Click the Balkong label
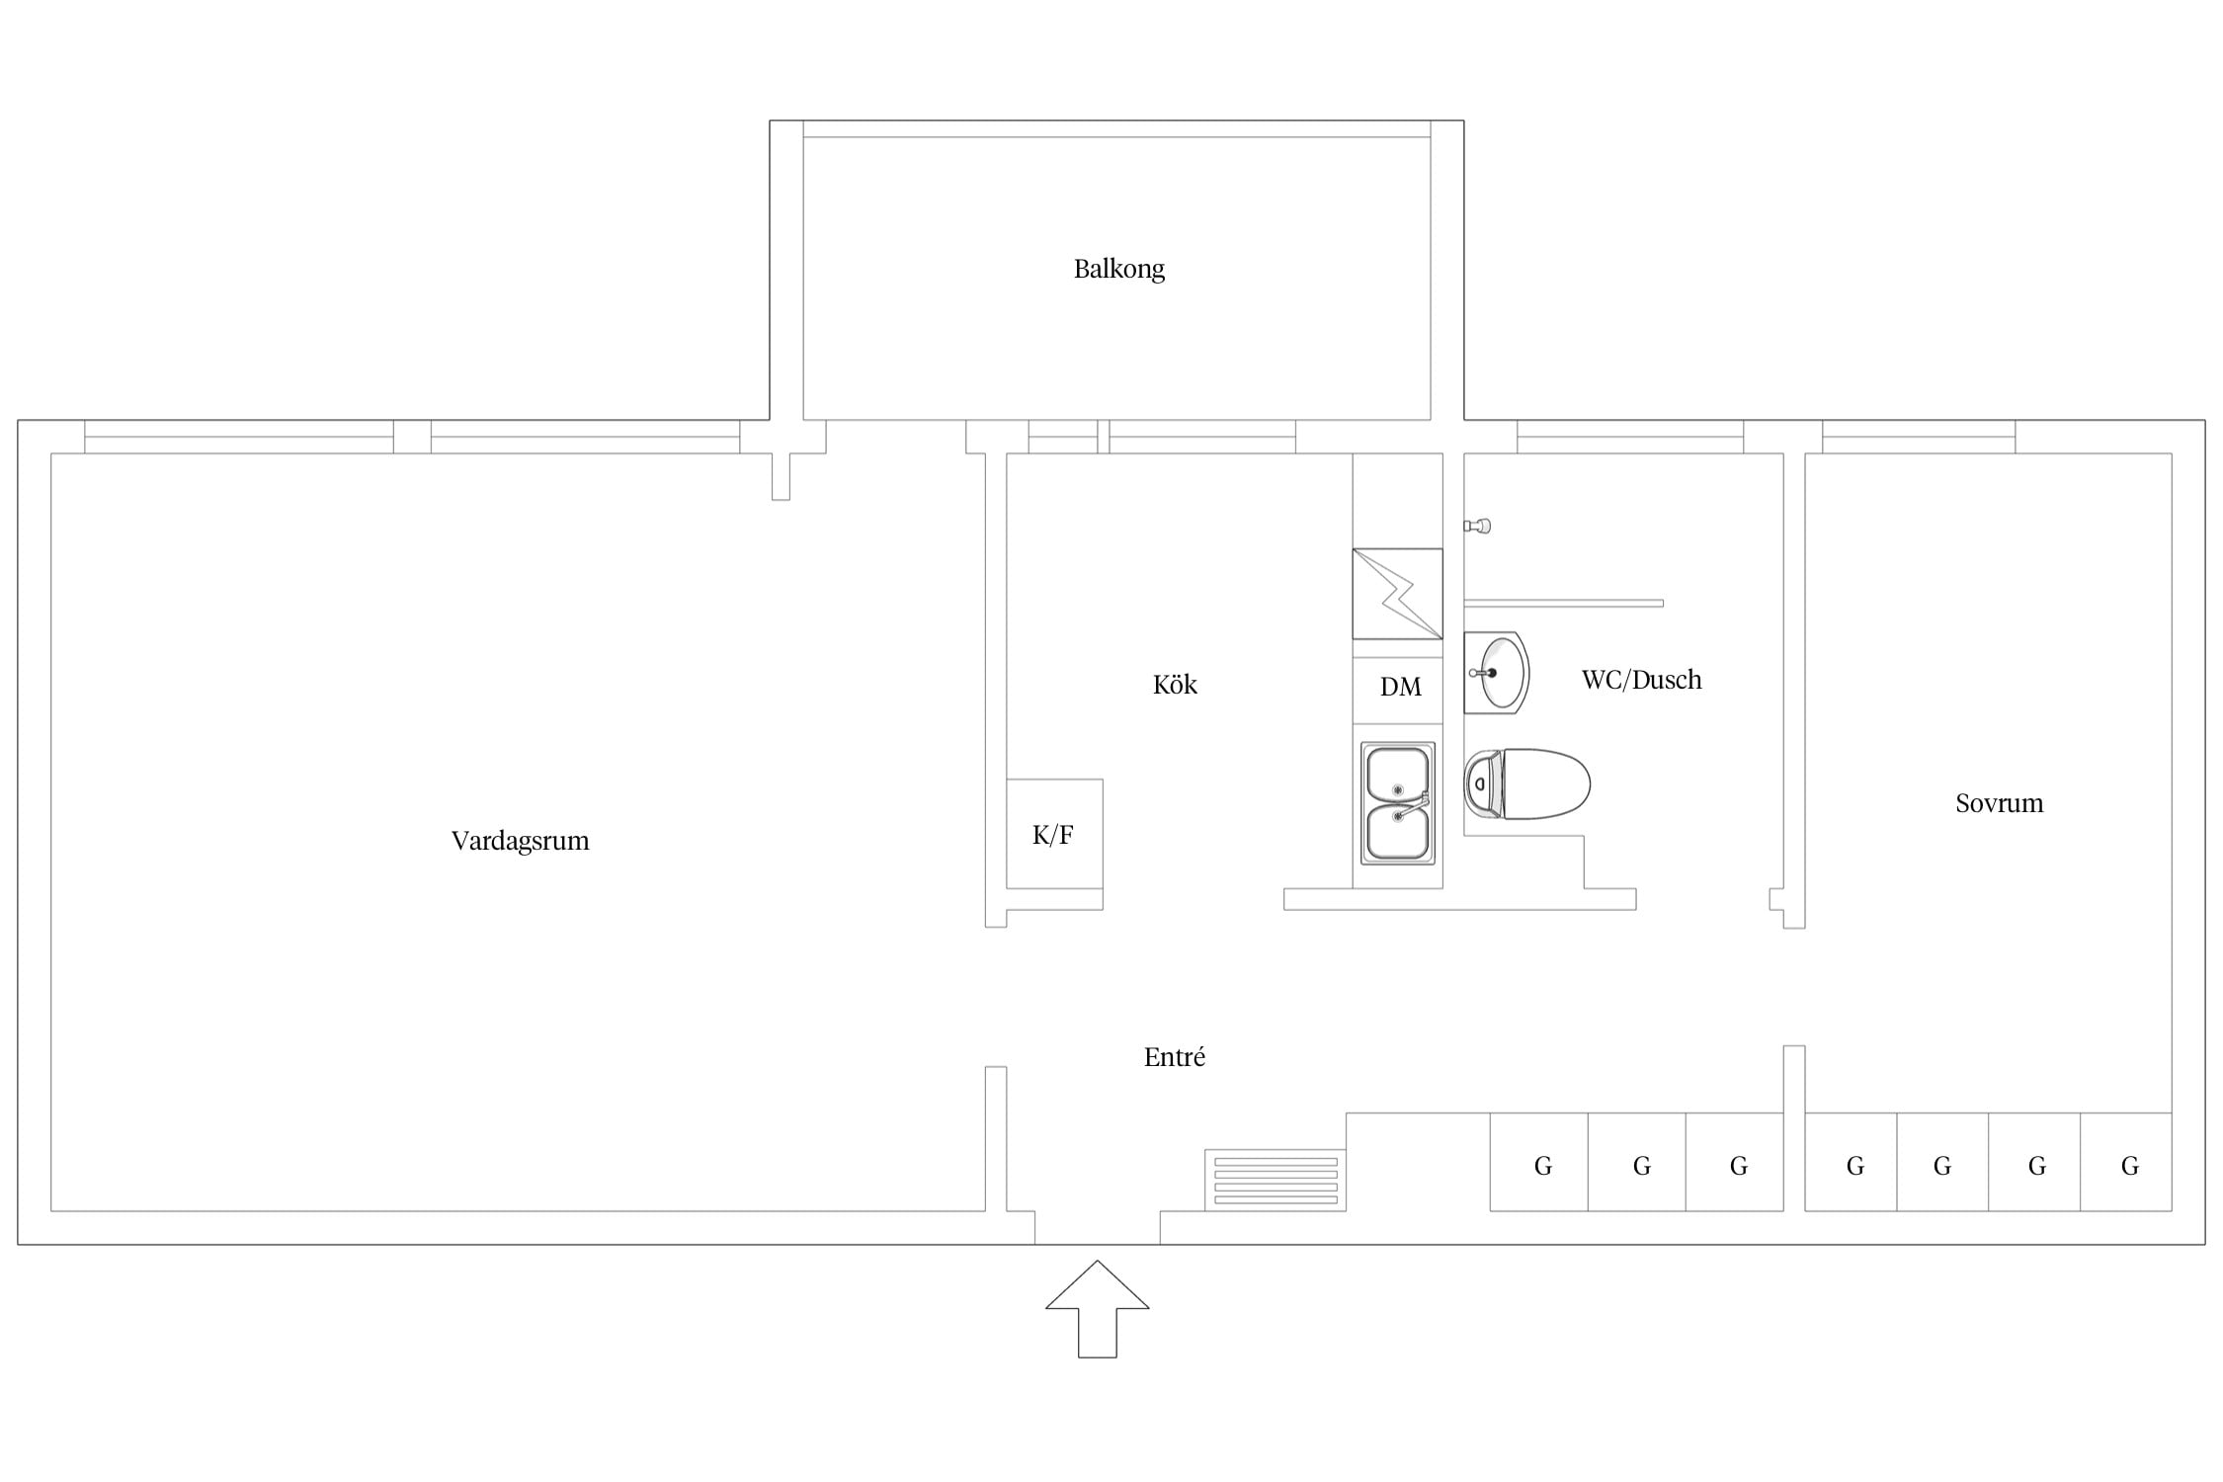[x=1119, y=269]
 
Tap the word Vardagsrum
[x=520, y=841]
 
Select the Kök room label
[x=1175, y=685]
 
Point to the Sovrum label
[x=2000, y=803]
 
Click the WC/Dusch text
[x=1642, y=680]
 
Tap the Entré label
[x=1175, y=1057]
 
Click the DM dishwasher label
[x=1400, y=687]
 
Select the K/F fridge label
[x=1053, y=835]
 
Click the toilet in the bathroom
[x=1527, y=783]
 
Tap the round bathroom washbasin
[x=1498, y=673]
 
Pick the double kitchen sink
[x=1398, y=803]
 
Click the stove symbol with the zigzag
[x=1398, y=594]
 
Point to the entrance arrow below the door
[x=1098, y=1309]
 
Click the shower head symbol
[x=1478, y=526]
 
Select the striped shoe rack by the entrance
[x=1276, y=1180]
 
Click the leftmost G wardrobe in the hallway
[x=1539, y=1162]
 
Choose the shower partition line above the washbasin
[x=1564, y=603]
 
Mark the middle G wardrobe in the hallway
[x=1637, y=1162]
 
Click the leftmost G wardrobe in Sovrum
[x=1851, y=1162]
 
